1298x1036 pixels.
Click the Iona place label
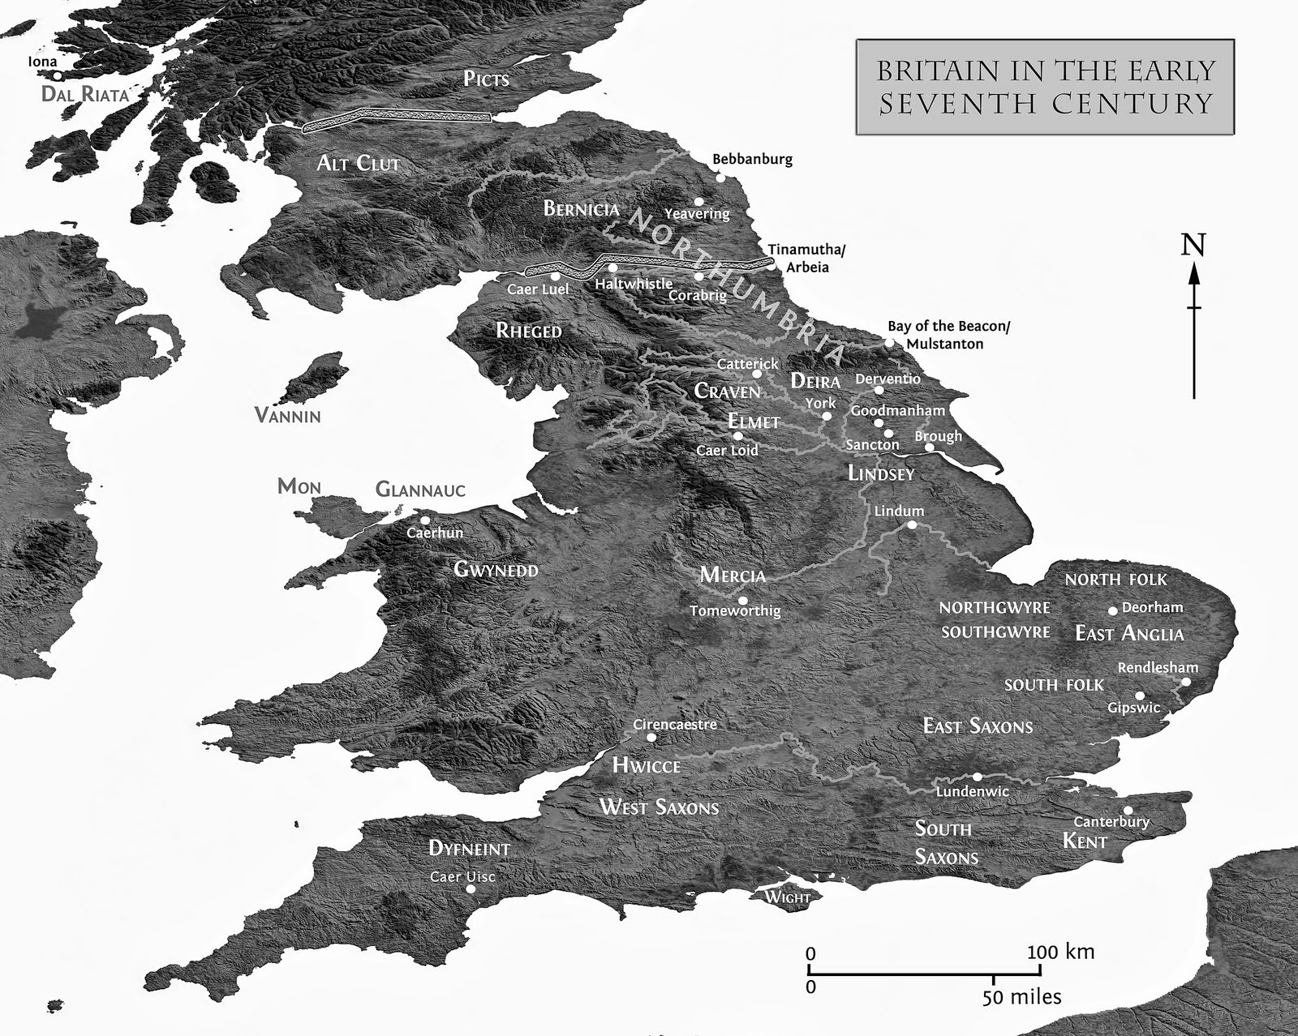click(x=42, y=62)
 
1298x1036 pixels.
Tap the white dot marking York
click(x=827, y=416)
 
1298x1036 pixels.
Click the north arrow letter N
click(x=1193, y=245)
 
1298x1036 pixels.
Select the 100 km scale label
click(x=1060, y=951)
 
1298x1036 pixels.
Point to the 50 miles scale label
click(x=1021, y=996)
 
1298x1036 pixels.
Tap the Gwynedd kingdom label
click(x=495, y=569)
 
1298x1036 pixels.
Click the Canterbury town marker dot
click(x=1128, y=810)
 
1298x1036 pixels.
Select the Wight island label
click(x=787, y=897)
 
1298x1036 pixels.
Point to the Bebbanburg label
click(x=752, y=159)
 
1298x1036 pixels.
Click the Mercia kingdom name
click(x=733, y=576)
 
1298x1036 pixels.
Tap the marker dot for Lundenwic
click(x=977, y=777)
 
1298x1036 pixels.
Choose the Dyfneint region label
click(x=469, y=849)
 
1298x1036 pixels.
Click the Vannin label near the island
click(x=287, y=416)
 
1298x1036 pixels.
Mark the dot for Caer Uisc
click(x=471, y=889)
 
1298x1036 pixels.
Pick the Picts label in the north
click(x=486, y=79)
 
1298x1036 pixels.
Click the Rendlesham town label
click(x=1157, y=668)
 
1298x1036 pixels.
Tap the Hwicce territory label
click(x=646, y=765)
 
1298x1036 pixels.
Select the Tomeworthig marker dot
click(x=742, y=601)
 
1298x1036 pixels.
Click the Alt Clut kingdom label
click(x=358, y=163)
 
